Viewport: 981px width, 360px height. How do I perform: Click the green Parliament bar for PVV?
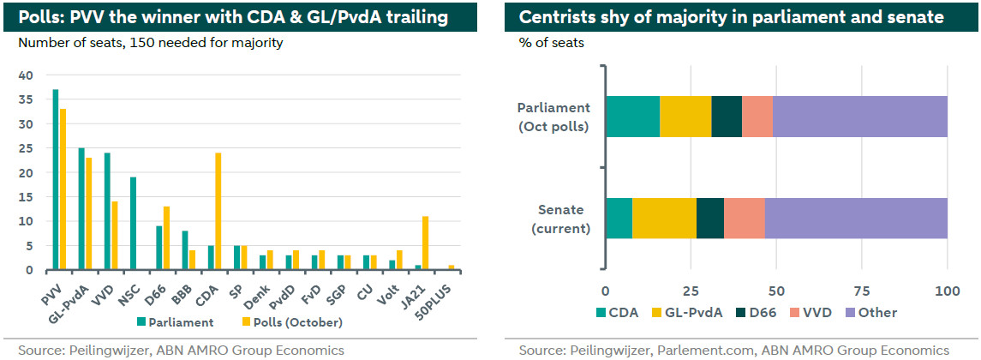(56, 180)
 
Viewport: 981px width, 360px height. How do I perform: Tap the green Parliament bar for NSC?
(133, 224)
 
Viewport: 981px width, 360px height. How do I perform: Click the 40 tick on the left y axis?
(26, 75)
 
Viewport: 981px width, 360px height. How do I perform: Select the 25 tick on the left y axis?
(26, 148)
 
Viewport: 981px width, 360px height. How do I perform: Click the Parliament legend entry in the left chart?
(174, 322)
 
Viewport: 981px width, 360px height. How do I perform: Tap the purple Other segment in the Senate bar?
(856, 218)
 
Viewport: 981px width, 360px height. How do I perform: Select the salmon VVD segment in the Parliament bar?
(757, 117)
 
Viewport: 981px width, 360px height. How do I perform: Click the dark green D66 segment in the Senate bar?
(710, 218)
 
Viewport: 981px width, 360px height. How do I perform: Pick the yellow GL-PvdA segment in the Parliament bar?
(685, 117)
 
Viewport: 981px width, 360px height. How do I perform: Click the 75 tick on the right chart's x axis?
(863, 290)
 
